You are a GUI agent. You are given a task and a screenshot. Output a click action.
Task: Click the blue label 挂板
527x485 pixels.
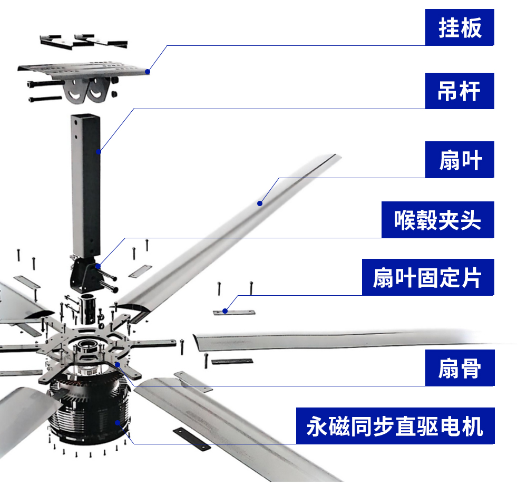(x=460, y=28)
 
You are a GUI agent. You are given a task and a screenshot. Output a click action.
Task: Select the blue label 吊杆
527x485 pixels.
(x=460, y=91)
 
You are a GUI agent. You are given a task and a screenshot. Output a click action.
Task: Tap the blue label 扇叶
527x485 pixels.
(x=460, y=160)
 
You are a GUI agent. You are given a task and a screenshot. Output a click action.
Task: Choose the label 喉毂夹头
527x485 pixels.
(x=437, y=219)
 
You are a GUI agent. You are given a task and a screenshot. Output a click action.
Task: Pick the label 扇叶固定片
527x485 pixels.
(x=427, y=277)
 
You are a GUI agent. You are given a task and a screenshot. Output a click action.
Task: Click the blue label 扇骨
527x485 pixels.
(x=460, y=367)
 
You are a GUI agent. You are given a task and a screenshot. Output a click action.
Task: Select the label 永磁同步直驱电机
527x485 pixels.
(x=395, y=425)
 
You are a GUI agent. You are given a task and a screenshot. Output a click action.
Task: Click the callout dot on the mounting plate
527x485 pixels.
(x=148, y=72)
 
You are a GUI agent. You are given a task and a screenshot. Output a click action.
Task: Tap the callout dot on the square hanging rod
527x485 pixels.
(x=99, y=152)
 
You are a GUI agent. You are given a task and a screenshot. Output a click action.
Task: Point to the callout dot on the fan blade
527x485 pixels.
(x=259, y=202)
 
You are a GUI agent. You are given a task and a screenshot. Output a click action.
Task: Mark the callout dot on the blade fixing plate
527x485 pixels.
(x=225, y=311)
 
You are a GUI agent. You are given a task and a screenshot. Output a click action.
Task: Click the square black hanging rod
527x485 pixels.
(x=86, y=185)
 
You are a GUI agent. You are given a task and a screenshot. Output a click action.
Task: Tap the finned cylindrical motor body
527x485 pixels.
(x=87, y=416)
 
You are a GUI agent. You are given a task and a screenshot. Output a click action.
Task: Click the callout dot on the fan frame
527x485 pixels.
(x=118, y=364)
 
